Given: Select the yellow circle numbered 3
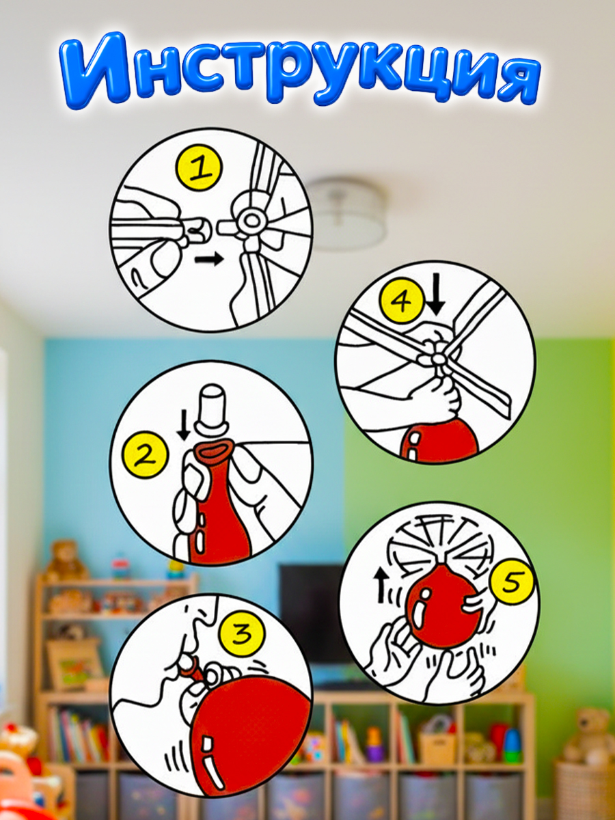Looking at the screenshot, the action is click(x=242, y=634).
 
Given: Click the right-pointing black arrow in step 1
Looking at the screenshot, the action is click(x=210, y=259).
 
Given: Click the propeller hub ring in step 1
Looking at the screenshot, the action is click(x=251, y=221).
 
